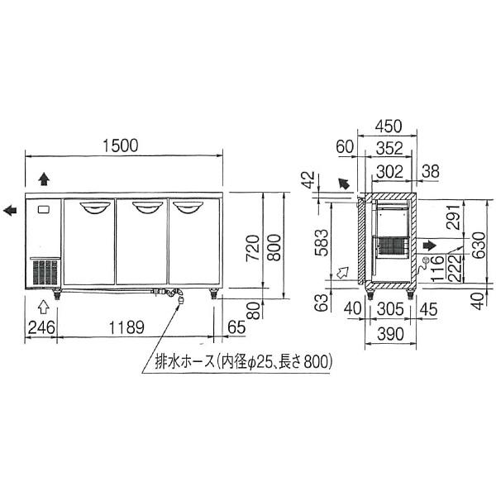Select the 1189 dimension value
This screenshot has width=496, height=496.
(x=123, y=327)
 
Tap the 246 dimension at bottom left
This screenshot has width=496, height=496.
(x=41, y=327)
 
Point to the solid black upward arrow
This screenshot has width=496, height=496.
(x=44, y=178)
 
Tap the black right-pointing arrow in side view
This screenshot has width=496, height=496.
(x=429, y=245)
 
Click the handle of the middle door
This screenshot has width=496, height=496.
(x=142, y=205)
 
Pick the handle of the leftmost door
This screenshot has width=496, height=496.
(x=89, y=205)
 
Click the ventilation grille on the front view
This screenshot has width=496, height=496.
(x=45, y=272)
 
